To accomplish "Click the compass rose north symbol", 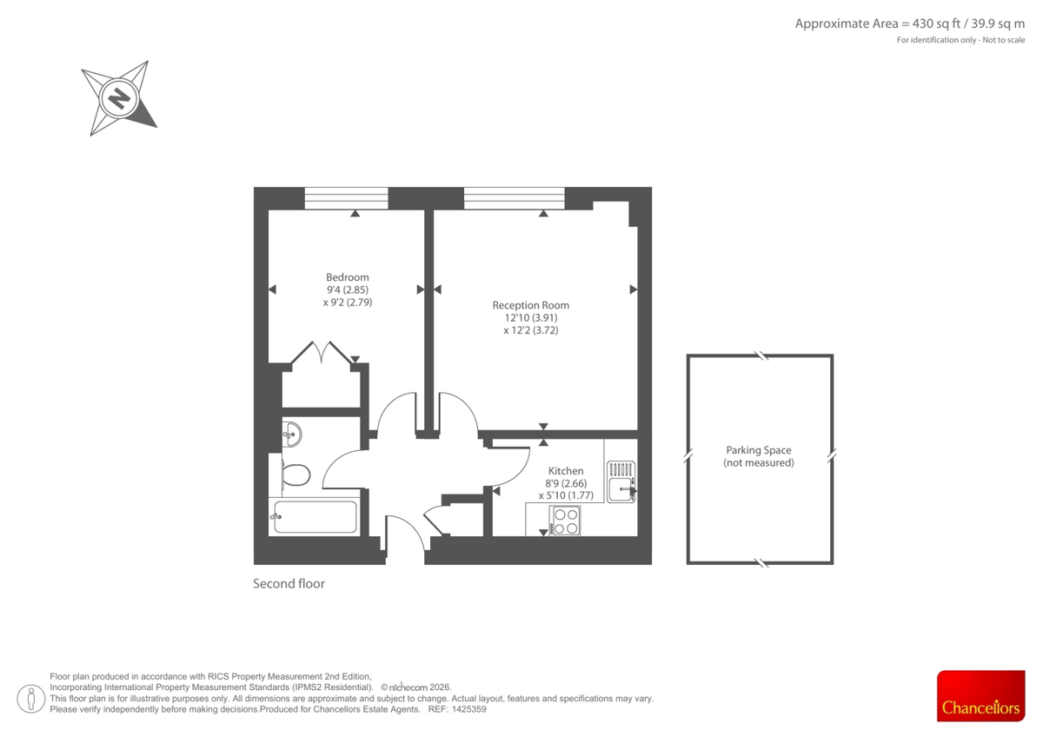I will (118, 98).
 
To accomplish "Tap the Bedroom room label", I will (347, 277).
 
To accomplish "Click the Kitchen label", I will (566, 471).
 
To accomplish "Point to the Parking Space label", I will (759, 450).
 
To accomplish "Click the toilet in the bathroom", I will (296, 475).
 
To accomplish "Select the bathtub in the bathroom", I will (314, 517).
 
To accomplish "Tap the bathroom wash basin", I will (291, 432).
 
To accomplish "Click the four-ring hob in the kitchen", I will (565, 520).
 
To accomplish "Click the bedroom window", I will (346, 198).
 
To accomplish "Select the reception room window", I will (514, 198).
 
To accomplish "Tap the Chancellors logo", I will (980, 695).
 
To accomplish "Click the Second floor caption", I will (289, 584).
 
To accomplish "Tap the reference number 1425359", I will (467, 709).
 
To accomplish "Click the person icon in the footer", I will (32, 696).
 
